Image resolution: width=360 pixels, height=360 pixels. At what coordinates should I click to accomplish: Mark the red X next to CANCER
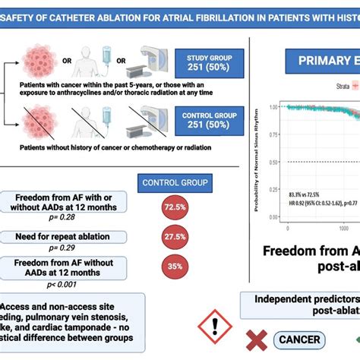259,339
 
